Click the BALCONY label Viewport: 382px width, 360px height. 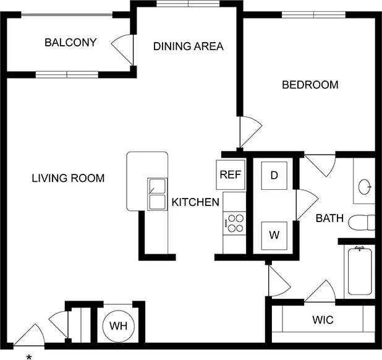70,43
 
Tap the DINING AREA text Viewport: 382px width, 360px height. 189,46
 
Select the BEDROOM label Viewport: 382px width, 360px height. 310,85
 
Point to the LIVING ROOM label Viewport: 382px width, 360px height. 68,178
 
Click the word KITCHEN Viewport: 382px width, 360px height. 195,202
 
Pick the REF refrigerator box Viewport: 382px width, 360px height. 231,174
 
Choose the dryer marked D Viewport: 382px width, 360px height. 274,176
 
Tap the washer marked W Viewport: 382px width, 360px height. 274,236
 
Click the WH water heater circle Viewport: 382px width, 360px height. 119,326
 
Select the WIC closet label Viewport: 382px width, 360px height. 323,320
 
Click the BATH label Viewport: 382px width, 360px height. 329,218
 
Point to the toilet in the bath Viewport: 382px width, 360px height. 362,223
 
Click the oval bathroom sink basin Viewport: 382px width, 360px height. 365,187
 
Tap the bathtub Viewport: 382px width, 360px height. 360,272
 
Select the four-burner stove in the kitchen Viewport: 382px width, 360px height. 235,223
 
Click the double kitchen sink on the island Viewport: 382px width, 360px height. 158,194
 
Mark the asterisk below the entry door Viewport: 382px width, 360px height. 29,358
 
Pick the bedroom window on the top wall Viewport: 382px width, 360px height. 314,15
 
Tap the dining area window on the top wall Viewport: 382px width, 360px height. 188,4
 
